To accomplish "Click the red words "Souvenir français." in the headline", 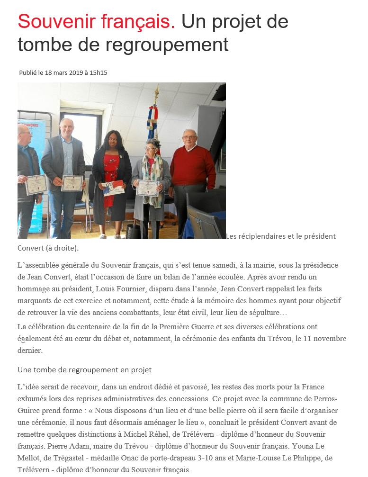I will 96,21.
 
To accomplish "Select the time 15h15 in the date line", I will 99,73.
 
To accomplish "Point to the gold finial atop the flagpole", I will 157,89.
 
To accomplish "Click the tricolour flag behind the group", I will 153,123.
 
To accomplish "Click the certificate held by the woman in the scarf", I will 148,188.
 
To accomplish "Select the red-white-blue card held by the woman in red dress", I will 114,188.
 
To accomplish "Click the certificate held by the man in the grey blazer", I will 72,183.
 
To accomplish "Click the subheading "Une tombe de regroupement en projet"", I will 84,369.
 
